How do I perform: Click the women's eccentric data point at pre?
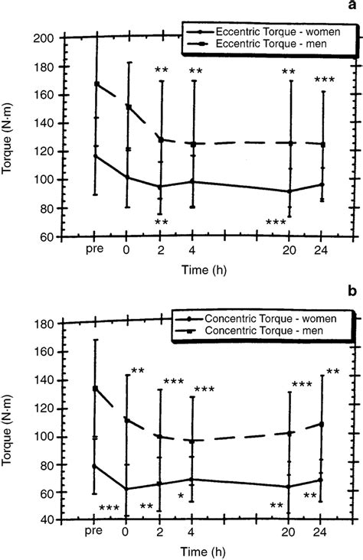[x=95, y=156]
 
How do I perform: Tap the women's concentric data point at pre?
[x=95, y=465]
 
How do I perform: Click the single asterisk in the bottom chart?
[x=181, y=497]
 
